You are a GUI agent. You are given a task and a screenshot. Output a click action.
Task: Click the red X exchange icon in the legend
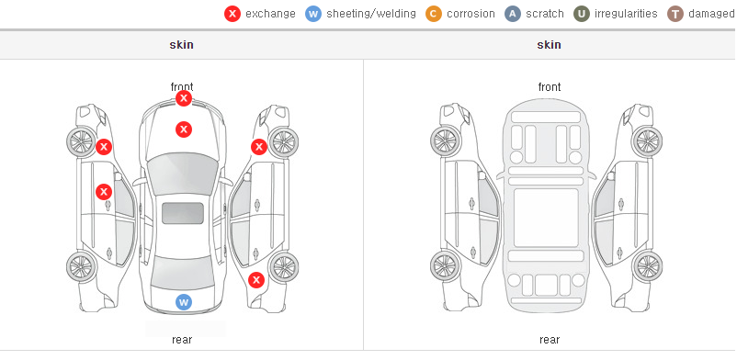coord(232,14)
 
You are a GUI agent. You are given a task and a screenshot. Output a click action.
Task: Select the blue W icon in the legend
coord(313,14)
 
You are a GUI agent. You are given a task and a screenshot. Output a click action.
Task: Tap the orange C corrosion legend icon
coord(434,14)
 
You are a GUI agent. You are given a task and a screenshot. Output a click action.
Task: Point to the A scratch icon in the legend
coord(513,14)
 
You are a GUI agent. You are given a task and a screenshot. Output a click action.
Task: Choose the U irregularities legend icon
coord(582,14)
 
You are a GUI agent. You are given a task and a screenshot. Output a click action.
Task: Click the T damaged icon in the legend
coord(675,14)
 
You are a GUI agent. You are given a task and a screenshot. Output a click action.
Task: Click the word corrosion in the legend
coord(471,14)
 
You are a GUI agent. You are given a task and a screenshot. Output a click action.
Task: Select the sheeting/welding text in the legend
coord(371,14)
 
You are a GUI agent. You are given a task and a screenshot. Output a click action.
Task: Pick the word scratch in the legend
coord(545,14)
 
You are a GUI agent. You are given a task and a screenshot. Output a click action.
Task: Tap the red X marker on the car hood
coord(184,129)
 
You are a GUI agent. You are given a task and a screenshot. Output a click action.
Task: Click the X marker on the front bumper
coord(184,98)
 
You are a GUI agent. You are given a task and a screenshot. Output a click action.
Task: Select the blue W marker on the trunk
coord(184,302)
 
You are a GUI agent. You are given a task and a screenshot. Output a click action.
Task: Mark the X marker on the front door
coord(104,192)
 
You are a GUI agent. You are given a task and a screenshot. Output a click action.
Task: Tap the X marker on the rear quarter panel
coord(256,281)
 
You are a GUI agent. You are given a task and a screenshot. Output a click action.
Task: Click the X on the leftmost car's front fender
coord(104,147)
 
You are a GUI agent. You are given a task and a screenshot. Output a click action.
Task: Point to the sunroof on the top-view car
coord(183,213)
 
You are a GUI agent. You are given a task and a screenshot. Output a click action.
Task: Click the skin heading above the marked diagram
coord(181,45)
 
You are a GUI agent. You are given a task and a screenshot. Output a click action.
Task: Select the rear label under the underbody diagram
coord(550,339)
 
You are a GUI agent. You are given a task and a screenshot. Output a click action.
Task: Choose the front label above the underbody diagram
coord(550,87)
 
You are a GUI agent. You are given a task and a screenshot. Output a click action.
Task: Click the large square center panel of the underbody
coord(546,218)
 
